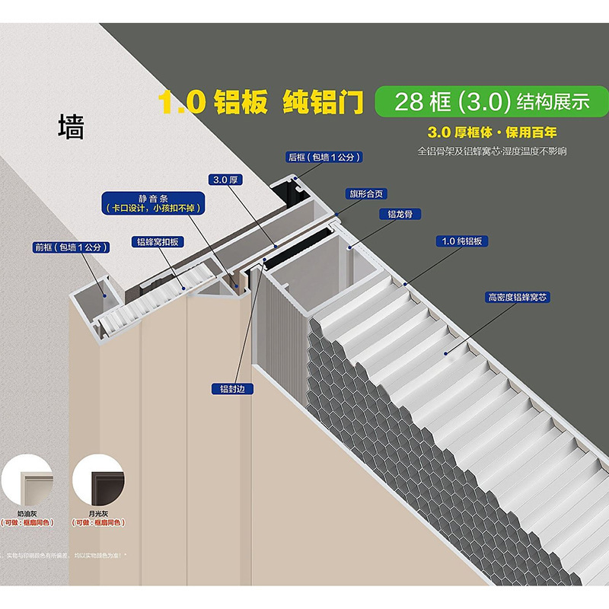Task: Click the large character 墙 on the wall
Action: coord(71,126)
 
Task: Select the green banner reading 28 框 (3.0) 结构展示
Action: coord(486,102)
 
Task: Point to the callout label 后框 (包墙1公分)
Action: coord(323,157)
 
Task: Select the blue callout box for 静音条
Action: coord(158,201)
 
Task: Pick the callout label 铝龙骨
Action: coord(399,214)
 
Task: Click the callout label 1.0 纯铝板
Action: coord(461,241)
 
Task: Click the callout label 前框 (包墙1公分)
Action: coord(72,247)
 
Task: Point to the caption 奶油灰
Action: coord(29,513)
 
